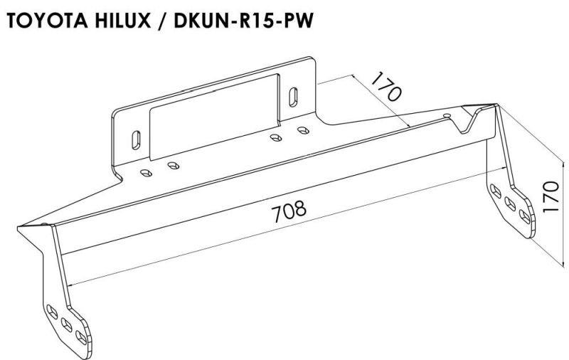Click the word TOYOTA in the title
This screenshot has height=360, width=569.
pos(47,21)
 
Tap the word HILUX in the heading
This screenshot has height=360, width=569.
pos(123,21)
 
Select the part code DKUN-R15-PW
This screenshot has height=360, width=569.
pos(243,21)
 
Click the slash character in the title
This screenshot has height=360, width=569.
pos(162,21)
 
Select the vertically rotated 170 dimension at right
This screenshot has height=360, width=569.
pos(551,197)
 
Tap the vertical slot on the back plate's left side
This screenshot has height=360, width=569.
pos(136,139)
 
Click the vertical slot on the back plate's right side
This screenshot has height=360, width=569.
pos(293,97)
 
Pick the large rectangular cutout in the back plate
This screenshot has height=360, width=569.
pos(215,117)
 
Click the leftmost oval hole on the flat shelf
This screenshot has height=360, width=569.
pos(147,172)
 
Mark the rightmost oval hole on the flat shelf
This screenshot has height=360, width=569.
pos(303,130)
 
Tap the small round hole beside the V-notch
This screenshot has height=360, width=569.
pos(447,115)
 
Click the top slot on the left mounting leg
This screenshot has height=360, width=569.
pos(53,312)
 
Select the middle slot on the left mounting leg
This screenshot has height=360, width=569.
pos(67,325)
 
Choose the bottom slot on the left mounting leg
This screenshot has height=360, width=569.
pos(81,337)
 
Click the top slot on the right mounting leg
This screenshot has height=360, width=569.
pos(496,191)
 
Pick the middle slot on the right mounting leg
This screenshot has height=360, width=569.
pos(510,204)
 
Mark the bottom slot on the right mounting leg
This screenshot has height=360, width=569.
pos(525,217)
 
